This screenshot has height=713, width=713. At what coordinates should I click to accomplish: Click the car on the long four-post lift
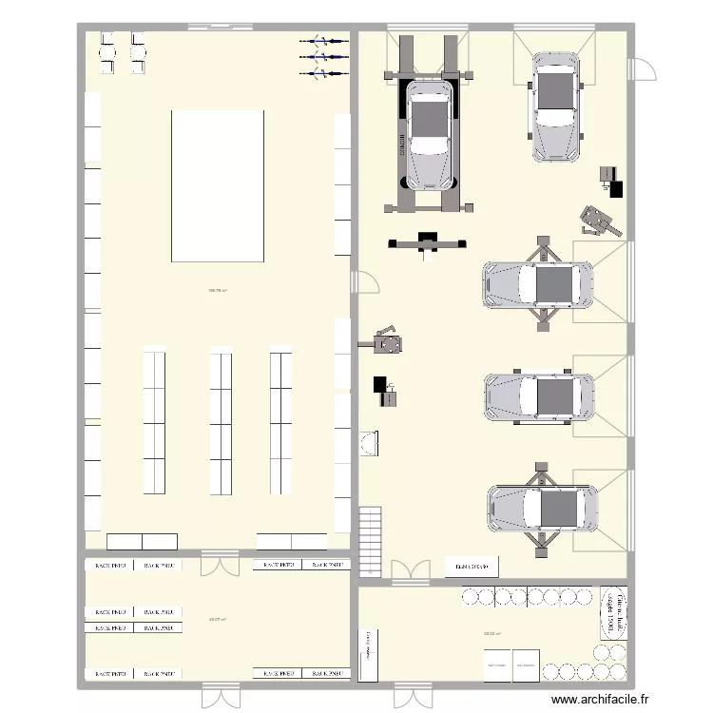coord(429,133)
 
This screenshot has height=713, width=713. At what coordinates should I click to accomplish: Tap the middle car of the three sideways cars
coord(540,396)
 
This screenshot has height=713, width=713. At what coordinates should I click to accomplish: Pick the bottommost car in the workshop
coord(542,509)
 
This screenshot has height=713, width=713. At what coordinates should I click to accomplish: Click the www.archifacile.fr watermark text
coord(601,700)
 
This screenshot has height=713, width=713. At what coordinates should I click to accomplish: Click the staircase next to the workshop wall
coord(369,542)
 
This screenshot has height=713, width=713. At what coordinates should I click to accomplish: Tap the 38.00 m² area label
coord(491,634)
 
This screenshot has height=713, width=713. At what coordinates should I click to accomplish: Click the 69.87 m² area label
coord(217,619)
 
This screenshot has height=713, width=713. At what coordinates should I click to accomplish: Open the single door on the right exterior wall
coord(645,71)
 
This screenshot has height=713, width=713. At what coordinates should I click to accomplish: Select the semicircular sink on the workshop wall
coord(370,444)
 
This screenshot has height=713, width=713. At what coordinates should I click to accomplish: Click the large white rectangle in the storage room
coord(217,185)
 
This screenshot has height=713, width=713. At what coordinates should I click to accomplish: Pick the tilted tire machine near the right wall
coord(600,222)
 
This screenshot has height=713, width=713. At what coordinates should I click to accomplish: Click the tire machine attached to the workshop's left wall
coord(383,341)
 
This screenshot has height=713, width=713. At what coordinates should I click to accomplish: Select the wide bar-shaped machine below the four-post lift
coord(427,243)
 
